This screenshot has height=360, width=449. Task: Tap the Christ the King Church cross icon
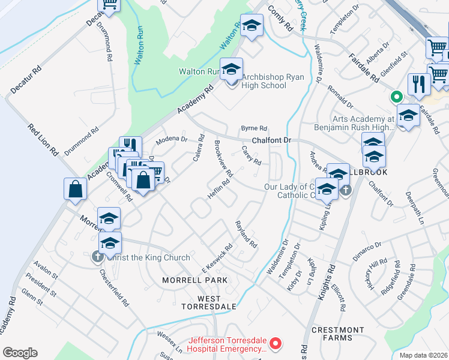point(97,257)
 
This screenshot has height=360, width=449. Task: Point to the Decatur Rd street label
point(26,79)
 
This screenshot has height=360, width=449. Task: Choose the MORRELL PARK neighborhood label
point(195,280)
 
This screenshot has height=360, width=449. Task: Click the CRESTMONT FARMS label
point(338,334)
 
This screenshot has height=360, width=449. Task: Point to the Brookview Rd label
point(223,158)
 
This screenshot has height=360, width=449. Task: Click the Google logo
point(20,353)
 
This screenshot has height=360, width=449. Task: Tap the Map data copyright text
point(423,355)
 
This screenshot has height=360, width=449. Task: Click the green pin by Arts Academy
point(396,97)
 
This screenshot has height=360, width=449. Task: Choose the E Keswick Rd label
point(217,256)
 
